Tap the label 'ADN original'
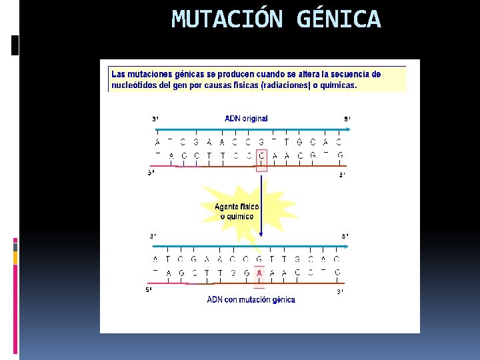tap(246, 119)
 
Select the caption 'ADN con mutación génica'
tap(251, 300)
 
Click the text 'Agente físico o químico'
tap(237, 211)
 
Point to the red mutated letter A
tap(260, 273)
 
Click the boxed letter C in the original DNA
tap(261, 155)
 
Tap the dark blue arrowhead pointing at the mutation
tap(261, 233)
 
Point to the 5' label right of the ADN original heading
tap(347, 119)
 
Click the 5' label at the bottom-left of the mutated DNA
tap(149, 290)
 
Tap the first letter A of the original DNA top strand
tap(157, 142)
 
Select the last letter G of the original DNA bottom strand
tap(340, 155)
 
